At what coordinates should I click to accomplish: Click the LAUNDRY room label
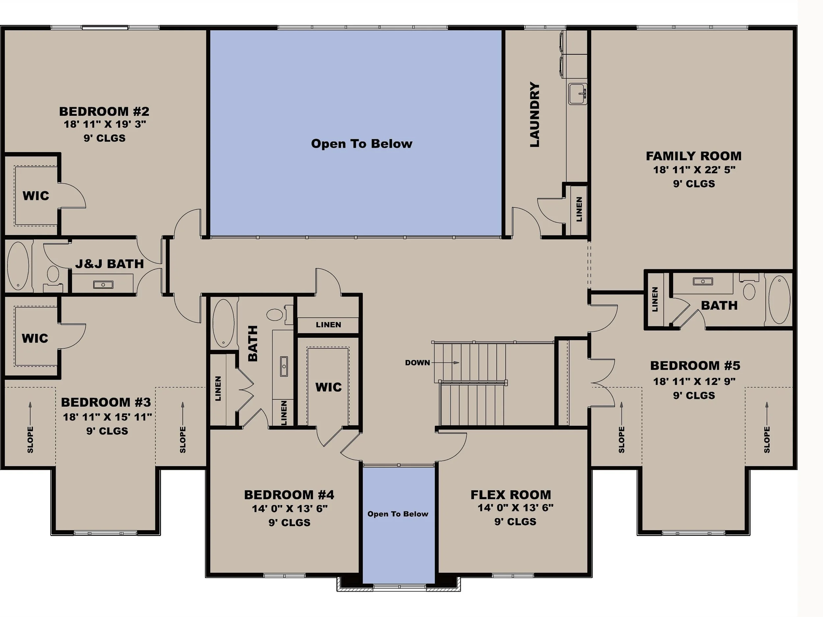535,115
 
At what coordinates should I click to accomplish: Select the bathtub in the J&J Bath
17,266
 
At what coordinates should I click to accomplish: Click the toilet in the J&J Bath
53,274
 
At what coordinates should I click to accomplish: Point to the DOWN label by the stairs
417,362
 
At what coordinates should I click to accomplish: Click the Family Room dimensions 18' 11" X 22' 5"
694,170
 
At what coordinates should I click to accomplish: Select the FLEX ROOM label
511,495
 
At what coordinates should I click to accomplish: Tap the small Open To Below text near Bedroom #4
397,514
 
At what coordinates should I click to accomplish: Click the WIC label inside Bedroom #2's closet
36,196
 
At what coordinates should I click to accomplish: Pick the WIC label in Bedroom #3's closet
35,338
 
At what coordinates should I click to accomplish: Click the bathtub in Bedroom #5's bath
779,300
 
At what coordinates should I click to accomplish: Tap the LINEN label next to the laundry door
579,209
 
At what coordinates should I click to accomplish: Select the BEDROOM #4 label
289,495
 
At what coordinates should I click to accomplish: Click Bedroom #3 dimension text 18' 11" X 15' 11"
107,417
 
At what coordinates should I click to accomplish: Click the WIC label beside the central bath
328,387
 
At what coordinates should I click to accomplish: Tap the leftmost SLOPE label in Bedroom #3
30,440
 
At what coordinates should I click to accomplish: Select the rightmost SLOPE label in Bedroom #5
767,440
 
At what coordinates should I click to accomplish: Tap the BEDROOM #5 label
695,365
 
